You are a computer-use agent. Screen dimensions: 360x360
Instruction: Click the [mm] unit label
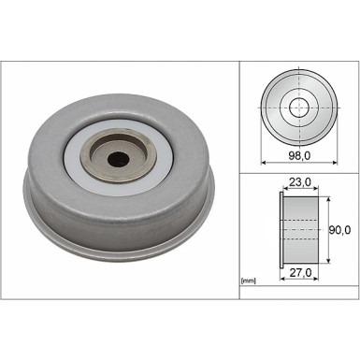[249, 280]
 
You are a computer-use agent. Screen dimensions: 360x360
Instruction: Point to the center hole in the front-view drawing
[299, 106]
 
